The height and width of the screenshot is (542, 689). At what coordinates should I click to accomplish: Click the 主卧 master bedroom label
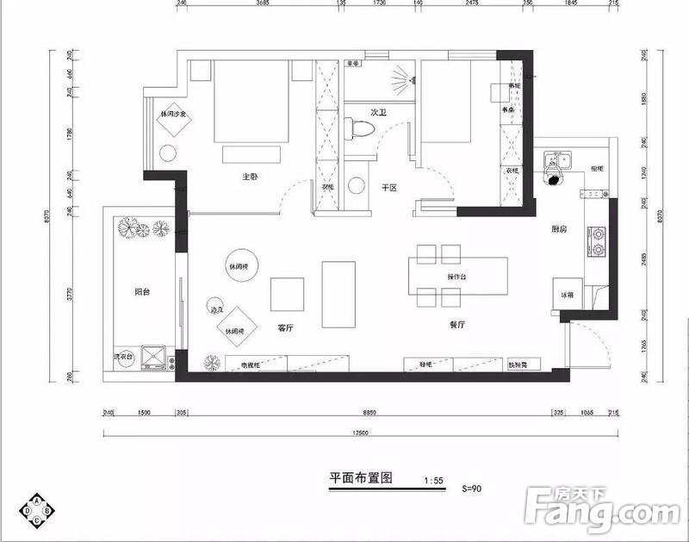pyautogui.click(x=251, y=177)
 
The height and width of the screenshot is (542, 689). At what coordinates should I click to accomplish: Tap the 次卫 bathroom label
pyautogui.click(x=377, y=112)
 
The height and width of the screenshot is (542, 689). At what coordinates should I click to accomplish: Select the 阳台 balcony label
pyautogui.click(x=142, y=292)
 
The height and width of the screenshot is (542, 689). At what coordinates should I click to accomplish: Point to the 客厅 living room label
pyautogui.click(x=287, y=327)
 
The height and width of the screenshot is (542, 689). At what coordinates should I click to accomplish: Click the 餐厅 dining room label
pyautogui.click(x=457, y=325)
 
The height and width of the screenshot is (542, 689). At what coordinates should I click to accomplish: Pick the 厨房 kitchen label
pyautogui.click(x=558, y=230)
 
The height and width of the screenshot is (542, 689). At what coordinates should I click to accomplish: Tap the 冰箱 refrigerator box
pyautogui.click(x=567, y=296)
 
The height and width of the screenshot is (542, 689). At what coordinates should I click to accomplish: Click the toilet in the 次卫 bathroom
pyautogui.click(x=362, y=129)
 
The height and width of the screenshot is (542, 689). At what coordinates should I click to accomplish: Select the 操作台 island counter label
pyautogui.click(x=456, y=277)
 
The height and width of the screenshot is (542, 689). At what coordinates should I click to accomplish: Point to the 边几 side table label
pyautogui.click(x=216, y=308)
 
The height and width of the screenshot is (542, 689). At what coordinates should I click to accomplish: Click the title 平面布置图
pyautogui.click(x=361, y=478)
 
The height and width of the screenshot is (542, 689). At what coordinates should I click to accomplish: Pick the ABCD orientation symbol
pyautogui.click(x=40, y=511)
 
